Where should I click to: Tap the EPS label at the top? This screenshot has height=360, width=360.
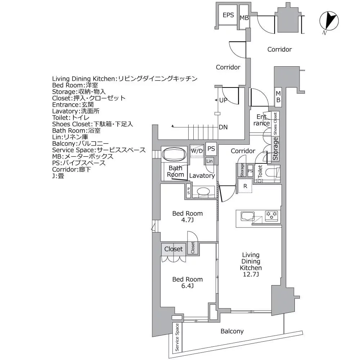tap(228, 15)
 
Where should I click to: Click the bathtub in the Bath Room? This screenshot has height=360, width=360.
tap(174, 155)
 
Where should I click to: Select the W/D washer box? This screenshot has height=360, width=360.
tap(197, 151)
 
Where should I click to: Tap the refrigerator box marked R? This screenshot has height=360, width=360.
tap(245, 186)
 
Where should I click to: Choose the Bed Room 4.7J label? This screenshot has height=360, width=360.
tap(187, 217)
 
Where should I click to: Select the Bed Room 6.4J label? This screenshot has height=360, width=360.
tap(187, 283)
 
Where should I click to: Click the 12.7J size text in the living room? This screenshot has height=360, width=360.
tap(251, 275)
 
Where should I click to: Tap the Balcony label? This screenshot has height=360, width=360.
tap(232, 331)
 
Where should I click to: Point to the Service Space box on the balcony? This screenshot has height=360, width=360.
tap(177, 337)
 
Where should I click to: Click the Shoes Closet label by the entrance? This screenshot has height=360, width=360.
tap(275, 122)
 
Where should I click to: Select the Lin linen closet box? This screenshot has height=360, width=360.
tap(210, 161)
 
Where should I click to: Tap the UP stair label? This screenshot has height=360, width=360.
tap(223, 100)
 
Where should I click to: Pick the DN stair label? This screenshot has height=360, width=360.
tap(223, 127)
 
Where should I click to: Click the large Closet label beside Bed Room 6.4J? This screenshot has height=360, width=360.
tap(174, 249)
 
